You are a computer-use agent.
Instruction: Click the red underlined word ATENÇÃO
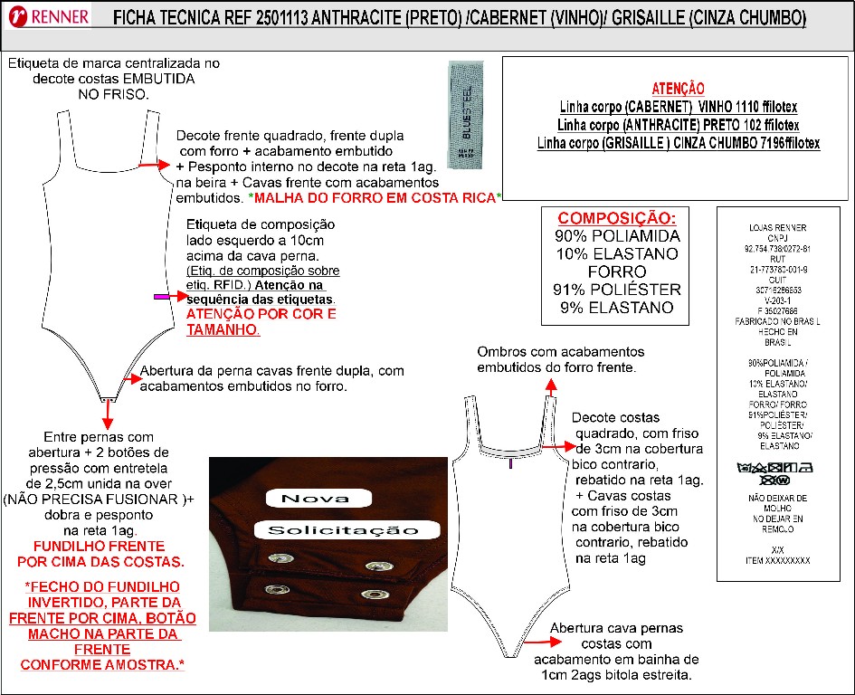pos(678,88)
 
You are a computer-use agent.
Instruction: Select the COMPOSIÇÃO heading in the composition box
pos(616,219)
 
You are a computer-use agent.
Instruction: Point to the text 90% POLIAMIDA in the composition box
pos(616,236)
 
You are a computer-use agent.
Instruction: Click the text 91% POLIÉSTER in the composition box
pos(616,290)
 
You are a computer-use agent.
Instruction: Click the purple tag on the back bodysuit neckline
pos(512,462)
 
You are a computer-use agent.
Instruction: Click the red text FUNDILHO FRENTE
pos(99,547)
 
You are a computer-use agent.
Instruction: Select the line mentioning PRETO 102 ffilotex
pos(678,124)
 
